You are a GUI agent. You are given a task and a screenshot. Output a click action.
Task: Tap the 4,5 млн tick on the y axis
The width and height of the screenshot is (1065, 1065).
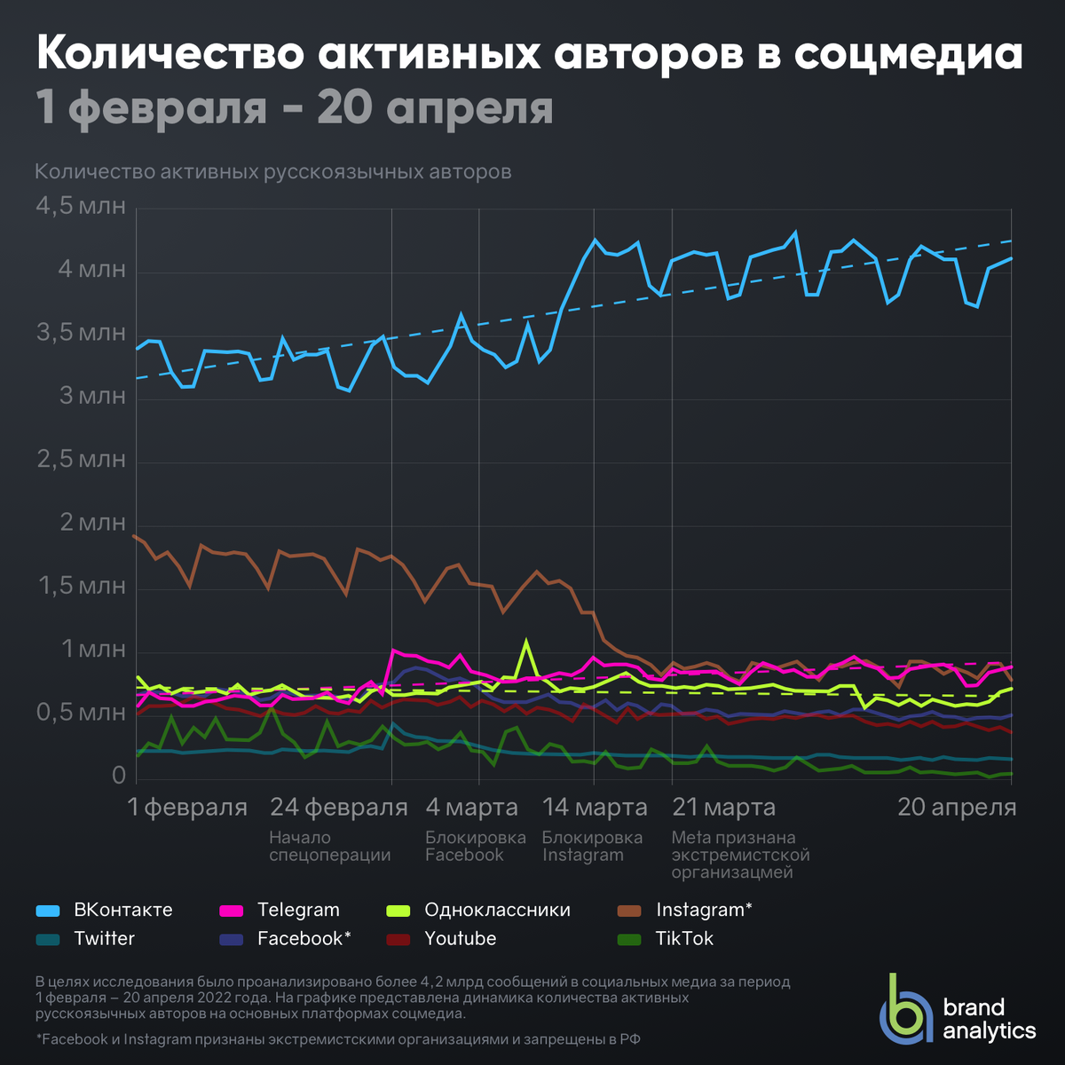[81, 207]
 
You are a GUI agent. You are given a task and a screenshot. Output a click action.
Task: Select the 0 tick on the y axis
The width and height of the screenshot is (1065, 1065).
[119, 776]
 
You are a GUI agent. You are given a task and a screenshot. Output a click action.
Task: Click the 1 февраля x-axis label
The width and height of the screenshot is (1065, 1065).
[187, 808]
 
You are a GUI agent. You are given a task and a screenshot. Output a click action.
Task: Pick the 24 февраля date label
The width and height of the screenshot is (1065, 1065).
[338, 808]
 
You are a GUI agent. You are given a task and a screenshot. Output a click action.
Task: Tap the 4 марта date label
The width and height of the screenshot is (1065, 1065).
[471, 808]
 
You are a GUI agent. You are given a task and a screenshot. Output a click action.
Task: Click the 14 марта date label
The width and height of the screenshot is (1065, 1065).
[595, 808]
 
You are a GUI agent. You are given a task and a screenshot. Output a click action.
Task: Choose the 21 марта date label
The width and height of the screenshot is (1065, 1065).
[723, 808]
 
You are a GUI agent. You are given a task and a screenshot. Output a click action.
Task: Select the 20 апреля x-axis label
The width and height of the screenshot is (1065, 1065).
[957, 808]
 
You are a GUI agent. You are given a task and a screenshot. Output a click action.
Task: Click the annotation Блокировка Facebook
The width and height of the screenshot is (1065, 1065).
[475, 847]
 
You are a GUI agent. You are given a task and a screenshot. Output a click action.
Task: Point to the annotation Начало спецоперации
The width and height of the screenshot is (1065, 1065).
[329, 847]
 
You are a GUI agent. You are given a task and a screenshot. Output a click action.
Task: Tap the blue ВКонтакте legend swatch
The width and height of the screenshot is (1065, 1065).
[48, 911]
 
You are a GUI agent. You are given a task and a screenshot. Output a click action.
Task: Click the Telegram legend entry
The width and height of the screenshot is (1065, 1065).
[298, 911]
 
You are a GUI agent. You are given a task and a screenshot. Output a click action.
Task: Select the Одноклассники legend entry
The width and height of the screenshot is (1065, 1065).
[497, 911]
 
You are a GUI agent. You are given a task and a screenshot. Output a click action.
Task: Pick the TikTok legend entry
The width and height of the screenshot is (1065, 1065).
[683, 939]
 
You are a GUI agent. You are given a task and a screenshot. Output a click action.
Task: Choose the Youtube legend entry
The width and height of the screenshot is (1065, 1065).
[460, 939]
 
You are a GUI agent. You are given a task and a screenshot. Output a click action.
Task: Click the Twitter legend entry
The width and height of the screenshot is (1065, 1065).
[104, 939]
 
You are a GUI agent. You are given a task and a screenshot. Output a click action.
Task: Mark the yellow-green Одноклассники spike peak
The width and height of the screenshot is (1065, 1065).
[526, 641]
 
